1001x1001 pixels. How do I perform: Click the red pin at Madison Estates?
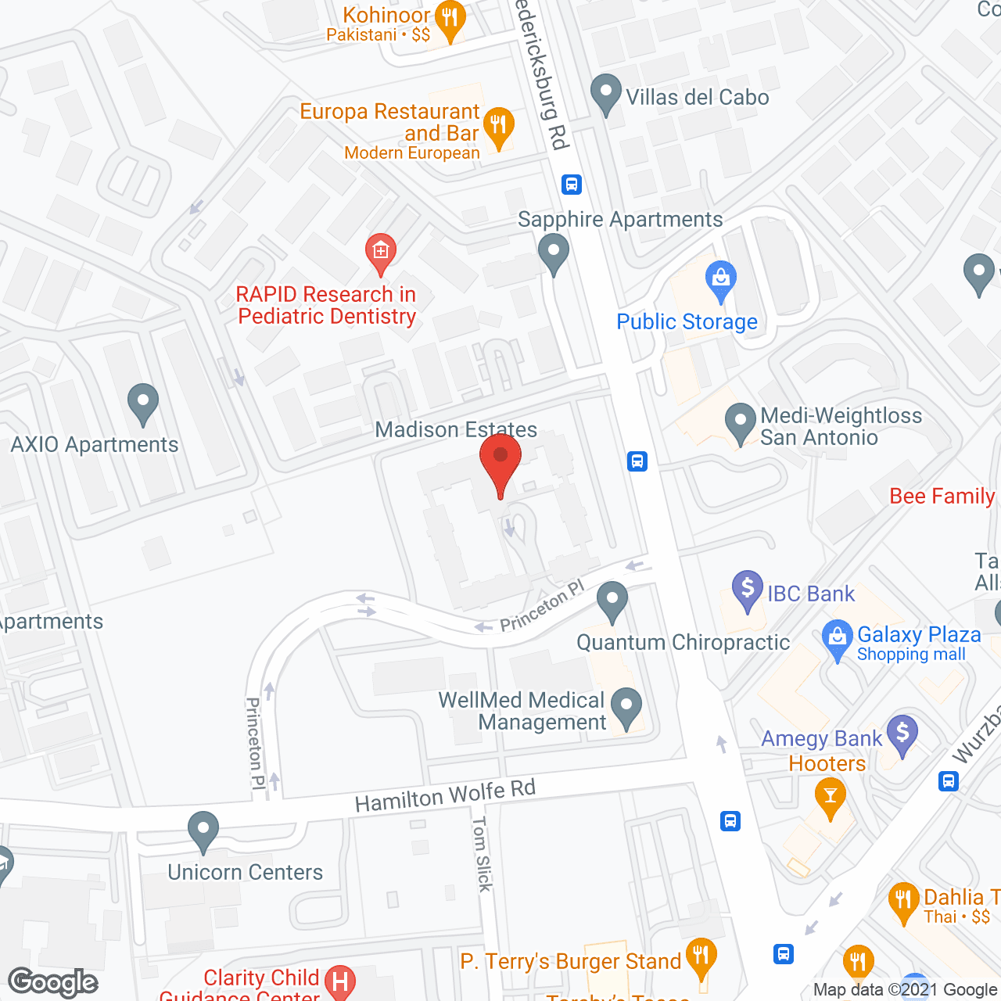click(x=500, y=458)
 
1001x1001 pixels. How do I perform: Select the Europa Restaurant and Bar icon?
click(x=498, y=127)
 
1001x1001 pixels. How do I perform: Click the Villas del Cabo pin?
click(x=605, y=93)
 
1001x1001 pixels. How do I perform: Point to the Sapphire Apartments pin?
click(x=554, y=253)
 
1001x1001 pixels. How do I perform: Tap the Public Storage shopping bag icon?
click(x=720, y=279)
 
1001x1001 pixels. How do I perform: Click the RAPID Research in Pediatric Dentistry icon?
click(x=381, y=252)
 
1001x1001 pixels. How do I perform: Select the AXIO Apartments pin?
click(x=142, y=402)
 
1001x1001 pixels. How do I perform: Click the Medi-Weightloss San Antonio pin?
click(x=740, y=422)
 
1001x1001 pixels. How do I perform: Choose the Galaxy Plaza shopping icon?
click(x=838, y=638)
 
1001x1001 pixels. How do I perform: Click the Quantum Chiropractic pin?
click(x=612, y=601)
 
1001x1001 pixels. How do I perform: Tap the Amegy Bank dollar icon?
click(x=902, y=734)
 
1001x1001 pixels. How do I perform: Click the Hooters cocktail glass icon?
click(x=831, y=798)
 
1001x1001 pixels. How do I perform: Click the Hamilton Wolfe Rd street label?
click(x=445, y=796)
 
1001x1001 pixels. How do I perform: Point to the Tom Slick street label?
click(x=482, y=853)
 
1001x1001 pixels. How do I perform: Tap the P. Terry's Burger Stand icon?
click(x=701, y=956)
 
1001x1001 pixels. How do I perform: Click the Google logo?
click(x=53, y=982)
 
